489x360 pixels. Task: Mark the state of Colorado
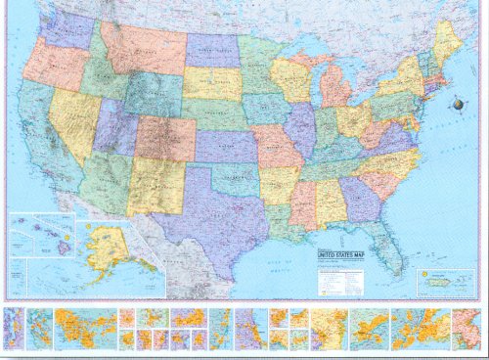point(164,138)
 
